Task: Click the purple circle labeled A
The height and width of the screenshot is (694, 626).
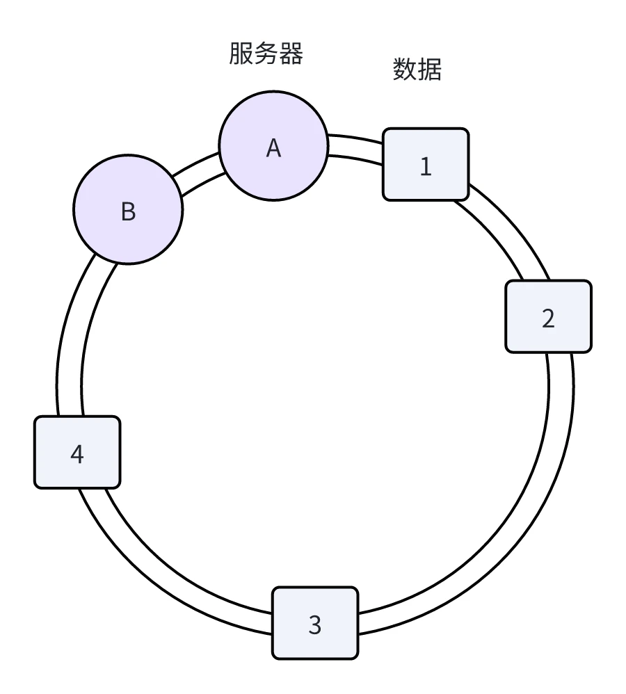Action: pyautogui.click(x=273, y=145)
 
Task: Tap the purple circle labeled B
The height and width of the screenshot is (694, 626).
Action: pyautogui.click(x=128, y=209)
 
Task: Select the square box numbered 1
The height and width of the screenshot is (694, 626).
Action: pyautogui.click(x=426, y=164)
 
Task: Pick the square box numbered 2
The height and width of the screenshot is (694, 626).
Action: pyautogui.click(x=548, y=316)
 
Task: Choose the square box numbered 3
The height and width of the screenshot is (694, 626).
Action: pyautogui.click(x=314, y=622)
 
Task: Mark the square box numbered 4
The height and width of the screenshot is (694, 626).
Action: pyautogui.click(x=77, y=452)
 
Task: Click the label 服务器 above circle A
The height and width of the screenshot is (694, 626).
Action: pyautogui.click(x=266, y=54)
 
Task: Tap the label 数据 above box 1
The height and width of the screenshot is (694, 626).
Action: pyautogui.click(x=417, y=70)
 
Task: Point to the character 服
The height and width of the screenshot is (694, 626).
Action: pyautogui.click(x=241, y=54)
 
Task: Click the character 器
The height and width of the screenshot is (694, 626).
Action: pyautogui.click(x=291, y=54)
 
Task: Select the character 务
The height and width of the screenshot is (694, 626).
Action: pyautogui.click(x=266, y=54)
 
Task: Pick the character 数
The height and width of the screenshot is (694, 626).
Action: pyautogui.click(x=405, y=70)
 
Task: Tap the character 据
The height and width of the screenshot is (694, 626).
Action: pyautogui.click(x=430, y=70)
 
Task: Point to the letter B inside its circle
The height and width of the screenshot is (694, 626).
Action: pyautogui.click(x=128, y=211)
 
